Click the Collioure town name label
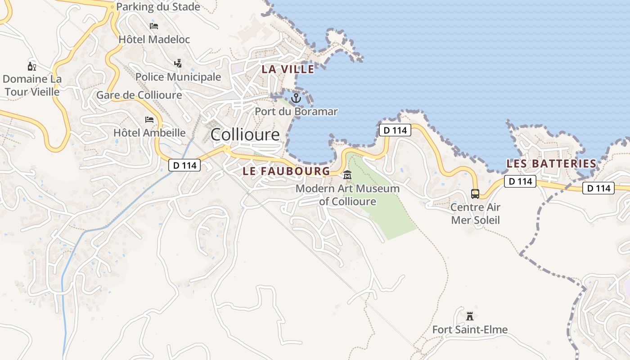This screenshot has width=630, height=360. (245, 135)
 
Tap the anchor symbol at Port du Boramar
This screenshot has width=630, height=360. (296, 98)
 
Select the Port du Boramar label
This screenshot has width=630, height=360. (296, 111)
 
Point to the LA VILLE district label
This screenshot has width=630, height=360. (288, 69)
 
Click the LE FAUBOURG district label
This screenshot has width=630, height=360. (286, 171)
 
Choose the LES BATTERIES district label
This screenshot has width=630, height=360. (551, 164)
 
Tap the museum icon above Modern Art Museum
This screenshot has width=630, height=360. (347, 175)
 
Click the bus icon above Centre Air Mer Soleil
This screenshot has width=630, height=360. (475, 194)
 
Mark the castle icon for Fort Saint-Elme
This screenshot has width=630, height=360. (470, 316)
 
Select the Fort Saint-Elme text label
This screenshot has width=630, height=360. (470, 330)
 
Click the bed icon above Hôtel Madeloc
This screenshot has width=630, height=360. (154, 26)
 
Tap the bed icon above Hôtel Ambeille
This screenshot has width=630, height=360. (149, 119)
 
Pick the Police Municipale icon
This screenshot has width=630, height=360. (178, 63)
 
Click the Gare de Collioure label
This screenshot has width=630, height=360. (139, 95)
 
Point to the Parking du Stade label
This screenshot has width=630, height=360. (158, 7)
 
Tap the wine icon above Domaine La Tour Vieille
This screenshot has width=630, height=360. (32, 67)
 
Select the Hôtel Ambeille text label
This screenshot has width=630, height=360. (149, 133)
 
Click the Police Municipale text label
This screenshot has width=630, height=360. (178, 77)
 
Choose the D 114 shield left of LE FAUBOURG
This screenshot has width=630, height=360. (184, 165)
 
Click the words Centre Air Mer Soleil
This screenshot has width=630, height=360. (475, 214)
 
